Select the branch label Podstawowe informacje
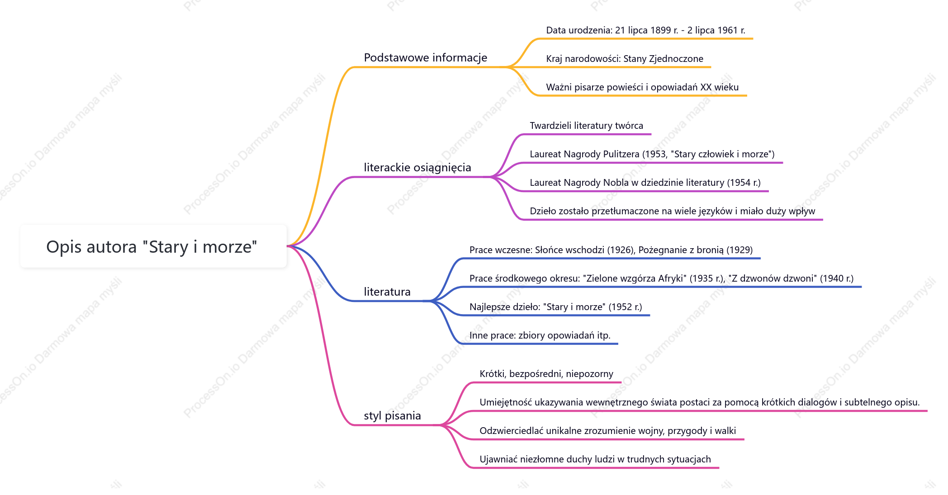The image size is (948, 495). (x=425, y=57)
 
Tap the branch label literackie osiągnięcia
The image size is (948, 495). (x=417, y=168)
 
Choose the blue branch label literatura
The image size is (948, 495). (x=387, y=292)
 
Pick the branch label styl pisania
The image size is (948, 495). (x=392, y=415)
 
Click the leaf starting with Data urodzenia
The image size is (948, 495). (x=645, y=30)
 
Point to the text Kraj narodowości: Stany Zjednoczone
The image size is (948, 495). (x=625, y=59)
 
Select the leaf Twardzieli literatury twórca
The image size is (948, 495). (x=586, y=126)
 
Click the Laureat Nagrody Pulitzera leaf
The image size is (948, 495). (x=652, y=154)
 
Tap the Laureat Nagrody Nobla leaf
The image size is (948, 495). (x=645, y=183)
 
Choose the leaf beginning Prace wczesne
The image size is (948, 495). (x=611, y=250)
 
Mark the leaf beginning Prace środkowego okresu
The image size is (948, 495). (x=661, y=278)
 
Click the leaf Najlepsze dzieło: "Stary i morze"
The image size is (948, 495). (x=555, y=307)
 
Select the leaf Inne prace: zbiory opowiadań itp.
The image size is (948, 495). (x=540, y=335)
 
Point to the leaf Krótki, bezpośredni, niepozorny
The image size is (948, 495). (x=546, y=374)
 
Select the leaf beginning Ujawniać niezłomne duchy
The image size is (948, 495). (x=595, y=459)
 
